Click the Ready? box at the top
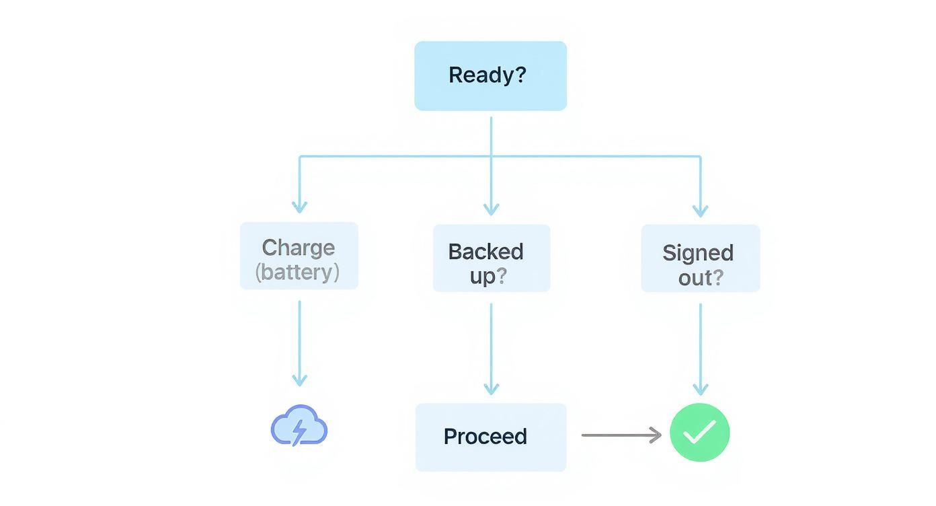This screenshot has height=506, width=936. pyautogui.click(x=490, y=75)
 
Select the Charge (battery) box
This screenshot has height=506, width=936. pyautogui.click(x=299, y=256)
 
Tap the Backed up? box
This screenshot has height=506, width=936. pyautogui.click(x=491, y=258)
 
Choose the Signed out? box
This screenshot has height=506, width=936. pyautogui.click(x=700, y=258)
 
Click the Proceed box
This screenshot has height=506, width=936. pyautogui.click(x=490, y=437)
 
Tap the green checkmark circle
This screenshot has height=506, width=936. pyautogui.click(x=699, y=433)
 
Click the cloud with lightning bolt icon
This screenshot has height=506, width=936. pyautogui.click(x=299, y=427)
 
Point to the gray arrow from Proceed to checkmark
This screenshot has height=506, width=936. pyautogui.click(x=621, y=435)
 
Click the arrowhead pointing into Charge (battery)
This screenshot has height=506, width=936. pyautogui.click(x=299, y=207)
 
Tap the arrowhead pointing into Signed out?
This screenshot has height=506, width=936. pyautogui.click(x=700, y=209)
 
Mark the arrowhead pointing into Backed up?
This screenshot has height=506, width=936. pyautogui.click(x=491, y=209)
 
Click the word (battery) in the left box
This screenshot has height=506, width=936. pyautogui.click(x=297, y=273)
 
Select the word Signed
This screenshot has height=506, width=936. pyautogui.click(x=697, y=253)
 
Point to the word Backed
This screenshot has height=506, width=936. pyautogui.click(x=485, y=252)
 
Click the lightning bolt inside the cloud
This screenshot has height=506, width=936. pyautogui.click(x=299, y=431)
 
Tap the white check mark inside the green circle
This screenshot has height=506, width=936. pyautogui.click(x=699, y=433)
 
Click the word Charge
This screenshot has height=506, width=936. pyautogui.click(x=298, y=247)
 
